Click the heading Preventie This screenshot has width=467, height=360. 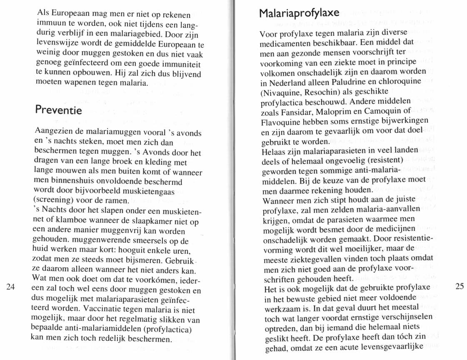click(x=58, y=110)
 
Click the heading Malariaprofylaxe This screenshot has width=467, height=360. click(x=299, y=13)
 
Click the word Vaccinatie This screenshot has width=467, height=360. click(x=102, y=309)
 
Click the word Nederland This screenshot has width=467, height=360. click(x=284, y=82)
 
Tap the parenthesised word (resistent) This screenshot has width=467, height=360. click(x=382, y=160)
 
